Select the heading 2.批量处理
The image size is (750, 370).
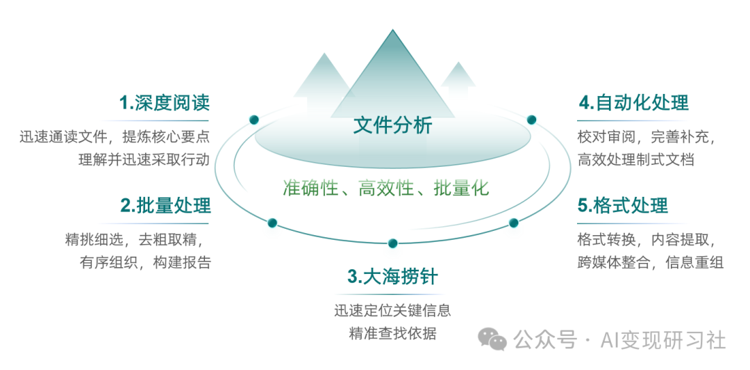click(x=165, y=206)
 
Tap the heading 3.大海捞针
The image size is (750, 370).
click(x=392, y=276)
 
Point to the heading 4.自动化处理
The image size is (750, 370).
click(x=633, y=103)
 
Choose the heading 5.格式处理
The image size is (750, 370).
click(x=623, y=206)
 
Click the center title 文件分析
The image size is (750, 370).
click(x=392, y=125)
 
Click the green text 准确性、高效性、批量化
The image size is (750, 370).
click(x=385, y=188)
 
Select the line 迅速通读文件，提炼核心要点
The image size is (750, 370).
click(x=115, y=137)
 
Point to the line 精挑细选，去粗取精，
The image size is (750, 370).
click(x=138, y=240)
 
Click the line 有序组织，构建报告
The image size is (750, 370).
click(x=145, y=262)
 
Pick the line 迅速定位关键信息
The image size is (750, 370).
click(x=392, y=310)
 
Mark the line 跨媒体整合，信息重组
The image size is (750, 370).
click(x=650, y=262)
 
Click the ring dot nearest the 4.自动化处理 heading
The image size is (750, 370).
click(x=531, y=120)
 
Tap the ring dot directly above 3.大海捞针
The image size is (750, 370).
click(x=392, y=243)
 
